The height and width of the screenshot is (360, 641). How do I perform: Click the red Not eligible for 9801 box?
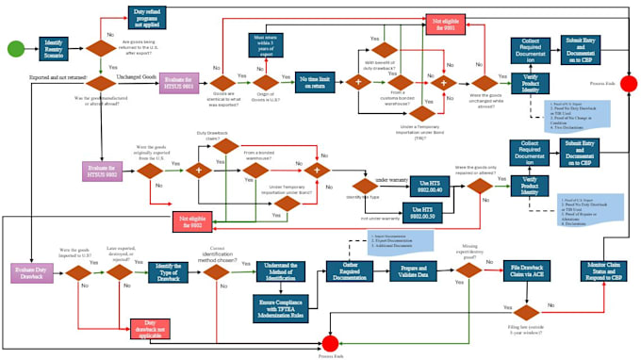click(449, 25)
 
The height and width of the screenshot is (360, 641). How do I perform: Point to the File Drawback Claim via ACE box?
click(523, 271)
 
